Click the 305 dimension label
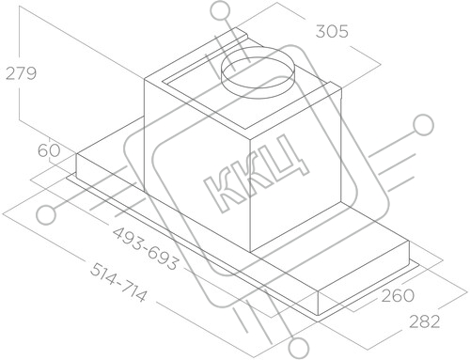(x=332, y=32)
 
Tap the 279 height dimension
(x=21, y=73)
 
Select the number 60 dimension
(x=49, y=150)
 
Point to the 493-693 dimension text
(x=146, y=248)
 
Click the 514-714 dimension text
(x=118, y=283)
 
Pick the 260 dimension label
(x=398, y=295)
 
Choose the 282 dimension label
(x=425, y=321)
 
